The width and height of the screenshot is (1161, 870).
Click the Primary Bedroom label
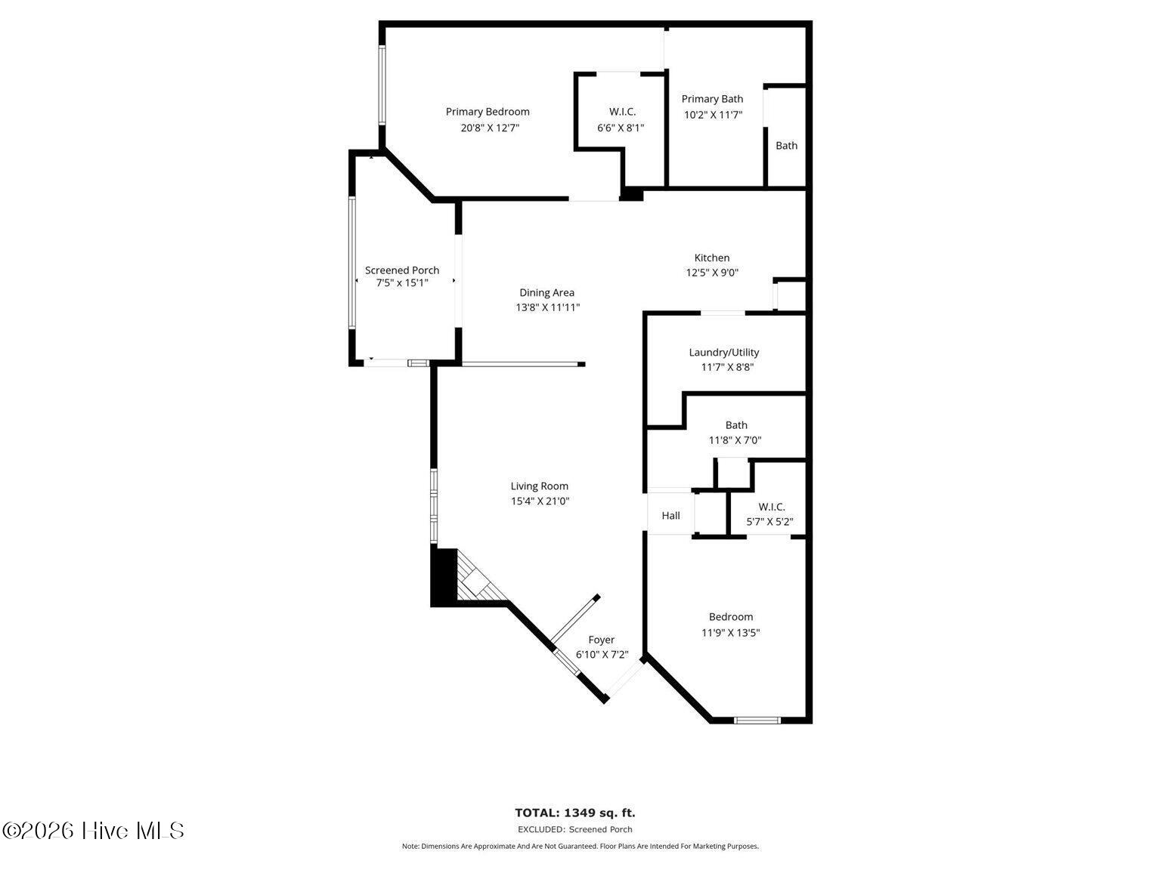(487, 112)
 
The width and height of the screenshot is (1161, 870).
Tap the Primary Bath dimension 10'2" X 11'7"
(713, 115)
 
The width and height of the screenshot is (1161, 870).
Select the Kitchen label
(711, 258)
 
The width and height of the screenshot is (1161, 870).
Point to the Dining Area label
(546, 292)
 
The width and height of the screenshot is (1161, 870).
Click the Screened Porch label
(402, 270)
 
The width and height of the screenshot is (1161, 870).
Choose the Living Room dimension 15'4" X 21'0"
(540, 501)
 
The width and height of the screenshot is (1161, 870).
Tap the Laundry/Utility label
(723, 353)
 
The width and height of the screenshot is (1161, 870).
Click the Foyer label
(601, 640)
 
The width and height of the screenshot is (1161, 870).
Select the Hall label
(670, 515)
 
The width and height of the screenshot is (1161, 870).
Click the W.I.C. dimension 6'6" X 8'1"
(621, 128)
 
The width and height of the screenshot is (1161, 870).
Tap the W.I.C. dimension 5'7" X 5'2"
(769, 521)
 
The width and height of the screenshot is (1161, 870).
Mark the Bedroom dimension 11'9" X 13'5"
(730, 632)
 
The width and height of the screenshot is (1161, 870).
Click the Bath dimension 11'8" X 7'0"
(735, 440)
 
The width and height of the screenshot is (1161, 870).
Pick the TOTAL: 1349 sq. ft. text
(575, 813)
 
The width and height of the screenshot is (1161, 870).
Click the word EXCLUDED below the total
(540, 829)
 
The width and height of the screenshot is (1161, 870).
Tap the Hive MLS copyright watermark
(93, 831)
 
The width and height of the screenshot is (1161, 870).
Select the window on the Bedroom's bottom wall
(757, 720)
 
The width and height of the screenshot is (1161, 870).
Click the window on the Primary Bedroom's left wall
(382, 85)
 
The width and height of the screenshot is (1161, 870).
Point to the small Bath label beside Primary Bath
(786, 145)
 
